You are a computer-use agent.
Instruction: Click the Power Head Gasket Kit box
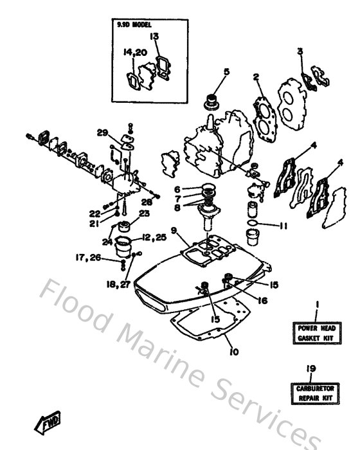(316, 332)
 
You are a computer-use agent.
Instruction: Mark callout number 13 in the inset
(154, 37)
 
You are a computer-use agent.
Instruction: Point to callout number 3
(300, 51)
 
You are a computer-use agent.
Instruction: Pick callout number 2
(255, 78)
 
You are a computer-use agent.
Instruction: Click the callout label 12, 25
(154, 238)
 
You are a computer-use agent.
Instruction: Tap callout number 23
(144, 213)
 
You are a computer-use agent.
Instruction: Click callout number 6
(177, 190)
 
